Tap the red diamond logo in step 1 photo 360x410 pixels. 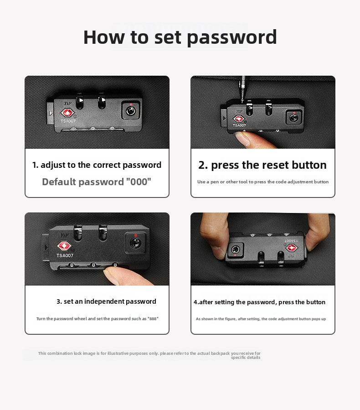[x=67, y=113]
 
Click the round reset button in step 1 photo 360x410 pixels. [x=131, y=111]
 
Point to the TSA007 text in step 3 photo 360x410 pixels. [x=65, y=255]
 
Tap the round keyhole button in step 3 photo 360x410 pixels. [x=135, y=243]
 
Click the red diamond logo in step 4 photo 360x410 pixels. [x=292, y=248]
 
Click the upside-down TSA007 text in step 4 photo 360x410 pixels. [x=291, y=240]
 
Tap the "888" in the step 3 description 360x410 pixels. [x=153, y=319]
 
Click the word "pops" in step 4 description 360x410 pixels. [x=316, y=319]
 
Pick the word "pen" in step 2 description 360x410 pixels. [x=215, y=182]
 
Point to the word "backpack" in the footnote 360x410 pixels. [x=220, y=353]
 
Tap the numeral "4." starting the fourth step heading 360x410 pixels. [x=196, y=302]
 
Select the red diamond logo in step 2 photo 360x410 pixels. [x=238, y=119]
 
